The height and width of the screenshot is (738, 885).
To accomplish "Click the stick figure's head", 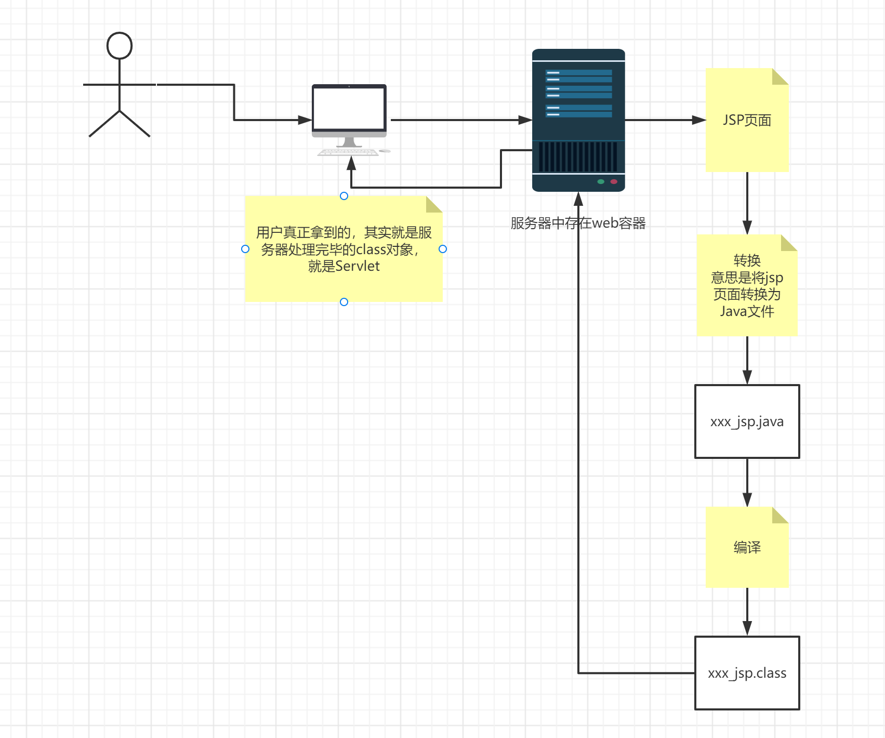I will (x=120, y=46).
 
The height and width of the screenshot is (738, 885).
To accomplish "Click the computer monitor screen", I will (x=349, y=109).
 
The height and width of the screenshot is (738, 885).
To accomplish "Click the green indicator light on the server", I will (x=601, y=181).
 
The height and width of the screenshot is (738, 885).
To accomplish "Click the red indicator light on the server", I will (x=614, y=181).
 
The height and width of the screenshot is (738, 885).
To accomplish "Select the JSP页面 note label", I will (x=747, y=120).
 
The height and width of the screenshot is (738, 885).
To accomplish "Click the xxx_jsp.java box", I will (x=747, y=421).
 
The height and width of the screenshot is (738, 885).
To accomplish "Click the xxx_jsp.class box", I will (x=747, y=673).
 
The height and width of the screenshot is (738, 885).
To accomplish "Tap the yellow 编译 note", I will (x=747, y=547).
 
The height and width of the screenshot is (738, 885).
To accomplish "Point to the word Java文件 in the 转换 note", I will (x=747, y=311).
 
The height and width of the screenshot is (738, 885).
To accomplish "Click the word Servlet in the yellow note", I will (x=358, y=266).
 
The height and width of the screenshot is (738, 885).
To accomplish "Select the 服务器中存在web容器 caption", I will (x=578, y=223).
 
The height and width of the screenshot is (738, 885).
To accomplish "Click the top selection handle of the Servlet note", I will (x=344, y=196).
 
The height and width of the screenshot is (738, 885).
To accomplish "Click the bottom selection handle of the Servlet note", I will (x=344, y=302).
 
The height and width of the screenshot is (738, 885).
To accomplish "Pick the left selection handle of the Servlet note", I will (x=245, y=249).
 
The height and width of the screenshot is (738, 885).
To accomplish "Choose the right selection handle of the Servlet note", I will (x=443, y=249).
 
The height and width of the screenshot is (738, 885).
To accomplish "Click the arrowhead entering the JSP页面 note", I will (x=699, y=120).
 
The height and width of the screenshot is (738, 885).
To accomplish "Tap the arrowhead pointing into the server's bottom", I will (x=578, y=199).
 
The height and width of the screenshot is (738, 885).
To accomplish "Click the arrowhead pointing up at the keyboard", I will (x=351, y=163).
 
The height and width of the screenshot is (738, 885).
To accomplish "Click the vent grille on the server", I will (x=578, y=156).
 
